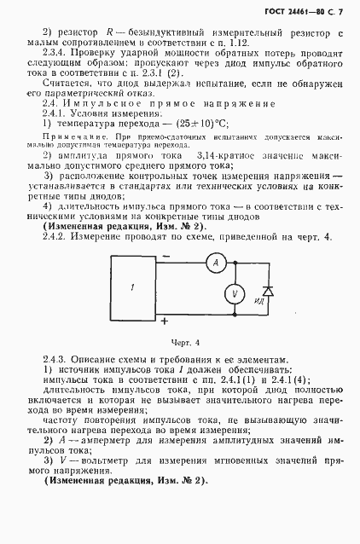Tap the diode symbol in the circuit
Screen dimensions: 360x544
click(x=268, y=291)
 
